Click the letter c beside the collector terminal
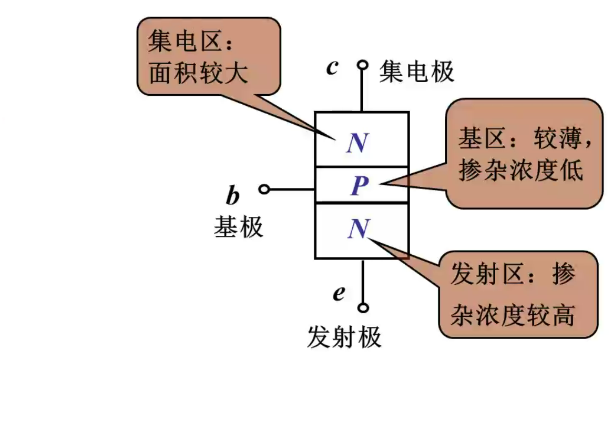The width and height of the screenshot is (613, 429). pyautogui.click(x=331, y=68)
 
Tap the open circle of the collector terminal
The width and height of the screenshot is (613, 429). pyautogui.click(x=362, y=65)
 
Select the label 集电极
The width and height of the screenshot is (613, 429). pyautogui.click(x=416, y=71)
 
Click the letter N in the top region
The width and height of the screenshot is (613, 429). pyautogui.click(x=357, y=143)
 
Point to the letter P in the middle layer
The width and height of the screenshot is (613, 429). pyautogui.click(x=360, y=185)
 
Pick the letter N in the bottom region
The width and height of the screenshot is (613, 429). pyautogui.click(x=357, y=229)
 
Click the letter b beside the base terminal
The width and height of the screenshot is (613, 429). pyautogui.click(x=232, y=196)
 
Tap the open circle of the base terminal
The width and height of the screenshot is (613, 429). pyautogui.click(x=264, y=189)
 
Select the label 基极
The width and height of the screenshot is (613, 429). pyautogui.click(x=238, y=227)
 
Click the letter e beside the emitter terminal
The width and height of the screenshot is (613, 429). pyautogui.click(x=339, y=293)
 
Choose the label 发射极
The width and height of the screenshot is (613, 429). pyautogui.click(x=344, y=336)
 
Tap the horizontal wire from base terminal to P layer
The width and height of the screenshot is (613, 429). pyautogui.click(x=292, y=189)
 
